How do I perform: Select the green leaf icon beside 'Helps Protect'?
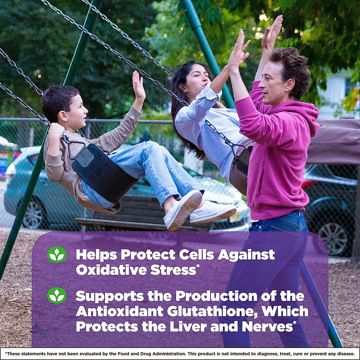(57, 255)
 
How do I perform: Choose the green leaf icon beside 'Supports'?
(57, 295)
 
